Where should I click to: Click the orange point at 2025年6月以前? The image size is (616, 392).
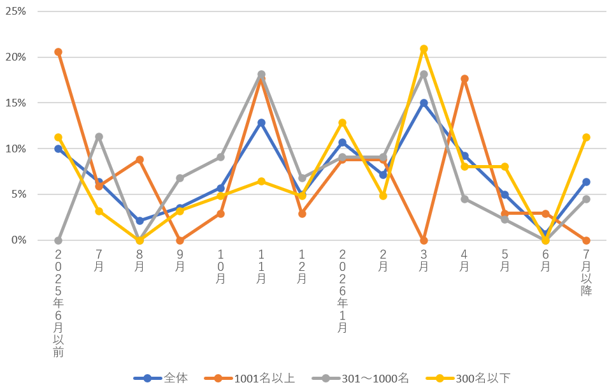pyautogui.click(x=58, y=52)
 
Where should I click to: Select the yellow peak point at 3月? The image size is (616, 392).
pyautogui.click(x=424, y=49)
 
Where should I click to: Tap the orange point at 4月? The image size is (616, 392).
pyautogui.click(x=464, y=79)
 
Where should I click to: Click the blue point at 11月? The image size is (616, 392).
pyautogui.click(x=261, y=122)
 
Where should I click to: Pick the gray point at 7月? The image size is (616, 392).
pyautogui.click(x=99, y=136)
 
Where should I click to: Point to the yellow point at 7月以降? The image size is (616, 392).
pyautogui.click(x=586, y=137)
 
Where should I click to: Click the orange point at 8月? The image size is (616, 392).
pyautogui.click(x=140, y=159)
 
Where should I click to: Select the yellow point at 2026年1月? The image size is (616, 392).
pyautogui.click(x=343, y=122)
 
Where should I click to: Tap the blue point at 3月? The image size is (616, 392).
pyautogui.click(x=424, y=103)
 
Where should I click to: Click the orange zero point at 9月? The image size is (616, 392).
pyautogui.click(x=180, y=240)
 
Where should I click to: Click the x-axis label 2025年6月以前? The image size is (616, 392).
pyautogui.click(x=58, y=302)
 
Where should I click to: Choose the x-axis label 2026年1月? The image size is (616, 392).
pyautogui.click(x=343, y=290)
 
